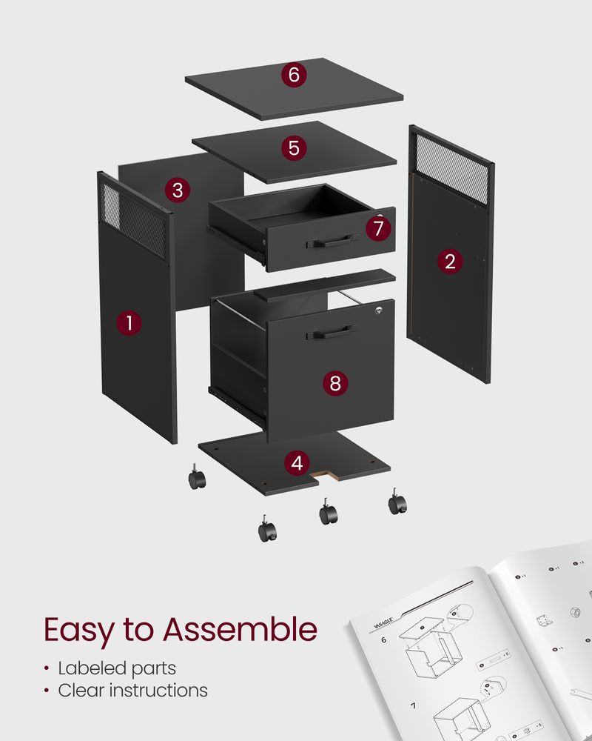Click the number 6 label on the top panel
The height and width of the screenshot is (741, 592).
tap(294, 74)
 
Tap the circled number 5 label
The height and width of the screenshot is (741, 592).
tap(294, 147)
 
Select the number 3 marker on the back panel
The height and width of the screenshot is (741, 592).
tap(177, 190)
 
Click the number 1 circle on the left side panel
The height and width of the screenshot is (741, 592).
tap(129, 323)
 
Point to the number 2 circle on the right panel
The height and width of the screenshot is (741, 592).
tap(449, 261)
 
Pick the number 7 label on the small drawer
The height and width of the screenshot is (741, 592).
tap(379, 228)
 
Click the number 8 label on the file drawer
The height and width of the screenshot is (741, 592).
tap(335, 383)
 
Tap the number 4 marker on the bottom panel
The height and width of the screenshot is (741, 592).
tap(297, 464)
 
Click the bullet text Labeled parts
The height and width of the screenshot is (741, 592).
tap(117, 668)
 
